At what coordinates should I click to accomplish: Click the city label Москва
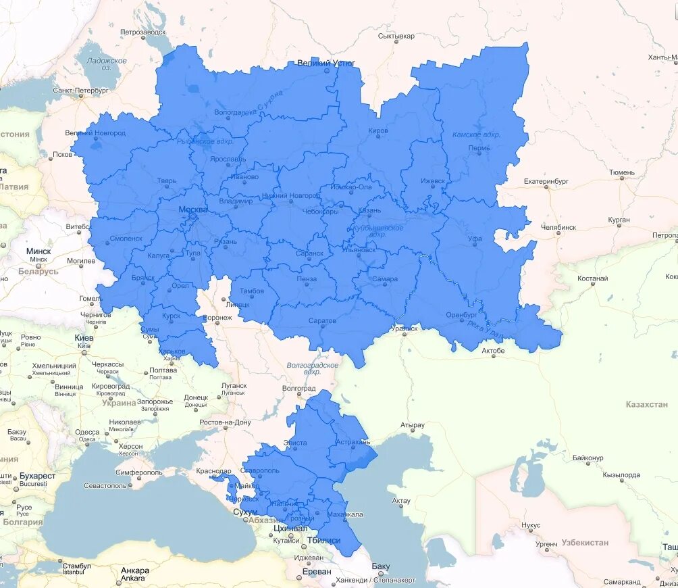click(x=193, y=210)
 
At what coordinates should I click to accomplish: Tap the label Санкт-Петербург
click(x=80, y=90)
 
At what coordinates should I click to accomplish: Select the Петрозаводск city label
click(x=142, y=32)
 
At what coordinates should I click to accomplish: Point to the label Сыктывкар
click(x=396, y=36)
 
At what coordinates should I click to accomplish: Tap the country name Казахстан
click(x=646, y=404)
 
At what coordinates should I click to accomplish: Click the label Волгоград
click(x=299, y=389)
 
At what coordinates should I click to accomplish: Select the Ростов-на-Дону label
click(x=225, y=422)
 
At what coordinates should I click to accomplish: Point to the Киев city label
click(x=84, y=337)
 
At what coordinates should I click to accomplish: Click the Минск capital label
click(x=38, y=251)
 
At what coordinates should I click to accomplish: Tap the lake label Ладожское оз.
click(x=107, y=64)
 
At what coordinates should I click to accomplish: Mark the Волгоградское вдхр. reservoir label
click(x=312, y=368)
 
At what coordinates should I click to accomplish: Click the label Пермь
click(x=479, y=148)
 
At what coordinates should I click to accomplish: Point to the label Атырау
click(x=412, y=426)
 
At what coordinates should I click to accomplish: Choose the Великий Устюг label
click(x=326, y=64)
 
